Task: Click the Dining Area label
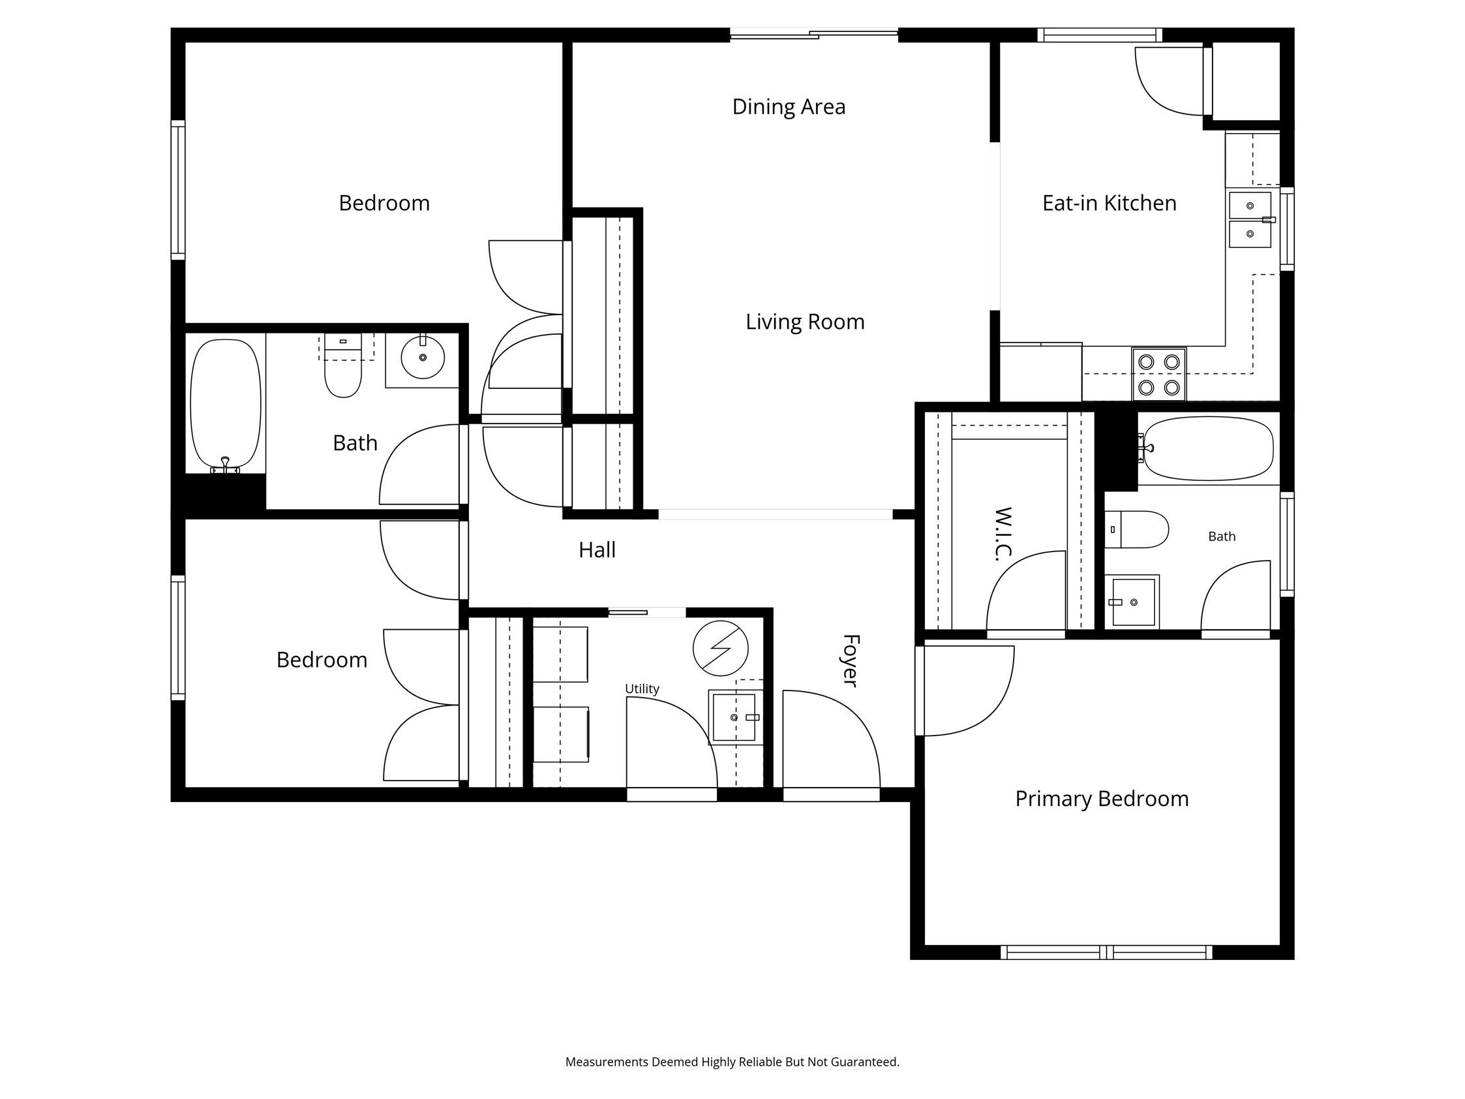(x=788, y=106)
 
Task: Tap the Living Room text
(x=805, y=322)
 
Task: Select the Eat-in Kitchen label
(x=1110, y=203)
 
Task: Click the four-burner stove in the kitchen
(x=1158, y=375)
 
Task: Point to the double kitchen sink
(x=1250, y=220)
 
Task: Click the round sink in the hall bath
(x=423, y=358)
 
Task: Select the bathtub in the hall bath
(x=226, y=404)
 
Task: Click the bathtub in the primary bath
(x=1208, y=448)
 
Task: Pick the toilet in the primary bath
(x=1136, y=529)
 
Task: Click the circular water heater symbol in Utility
(x=721, y=649)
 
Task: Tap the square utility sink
(x=734, y=717)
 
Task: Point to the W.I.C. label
(x=1003, y=534)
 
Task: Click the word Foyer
(x=851, y=660)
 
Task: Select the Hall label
(x=597, y=550)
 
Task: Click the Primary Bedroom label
(x=1102, y=799)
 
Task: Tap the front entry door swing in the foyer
(x=831, y=742)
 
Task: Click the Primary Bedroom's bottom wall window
(x=1106, y=952)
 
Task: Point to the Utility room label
(x=642, y=689)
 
